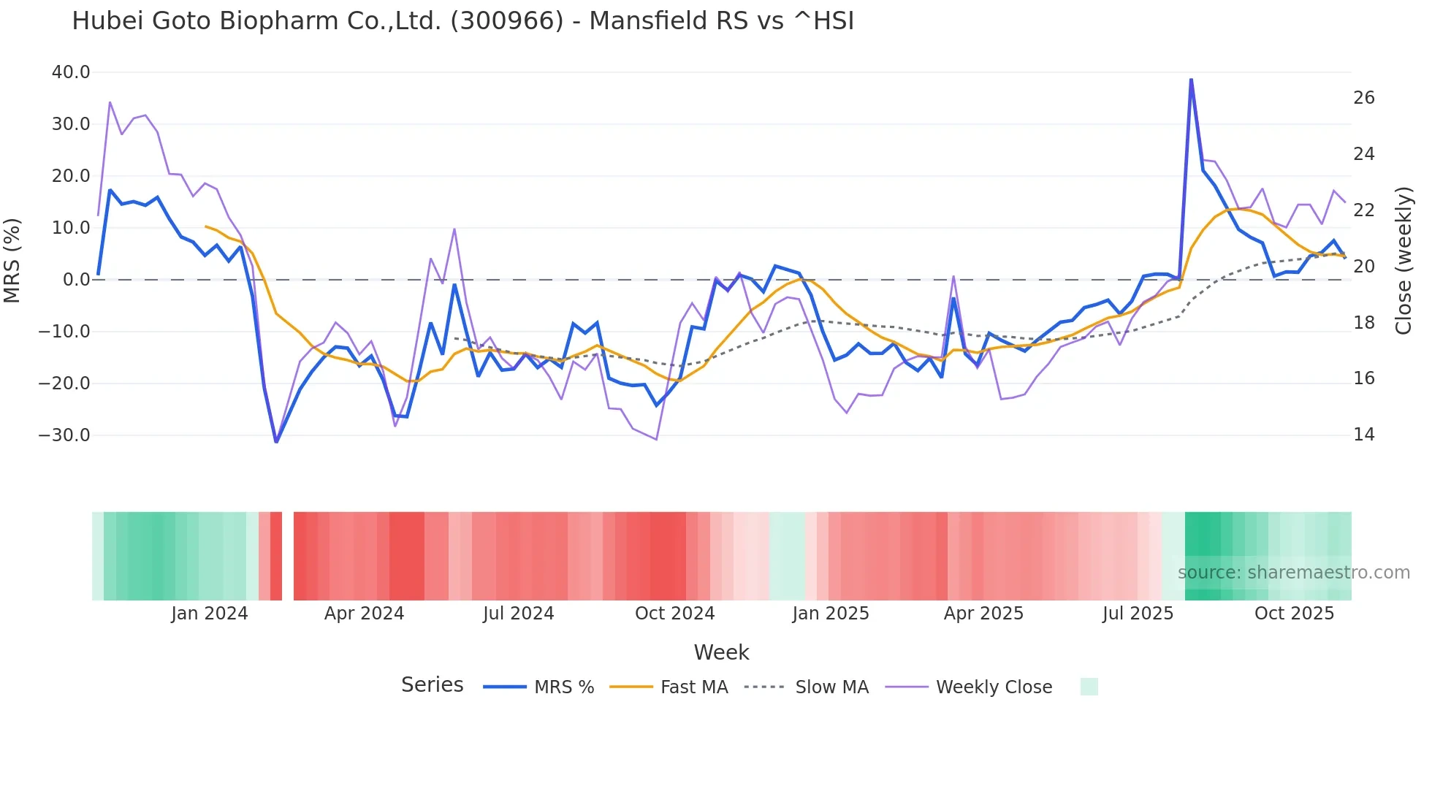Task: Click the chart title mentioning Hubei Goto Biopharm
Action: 462,21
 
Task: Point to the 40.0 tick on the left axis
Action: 71,72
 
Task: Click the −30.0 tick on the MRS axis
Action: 64,435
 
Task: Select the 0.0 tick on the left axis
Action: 76,280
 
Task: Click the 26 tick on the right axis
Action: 1363,98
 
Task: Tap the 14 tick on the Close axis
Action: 1363,435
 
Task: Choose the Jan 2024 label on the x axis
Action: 210,614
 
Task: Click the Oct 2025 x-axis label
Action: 1294,614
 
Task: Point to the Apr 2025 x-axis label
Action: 983,614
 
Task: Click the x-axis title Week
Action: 721,652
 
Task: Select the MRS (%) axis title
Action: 12,260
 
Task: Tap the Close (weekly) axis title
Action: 1403,260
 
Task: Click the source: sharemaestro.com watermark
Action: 1293,573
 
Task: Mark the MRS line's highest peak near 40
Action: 1191,80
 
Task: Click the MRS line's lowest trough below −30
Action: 276,441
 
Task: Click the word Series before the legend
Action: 432,685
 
